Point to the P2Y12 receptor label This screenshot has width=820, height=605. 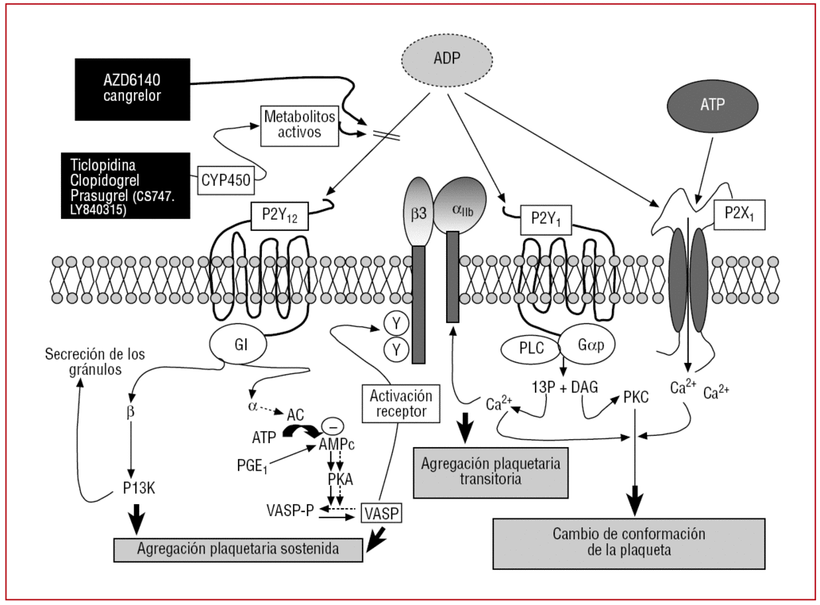pos(275,216)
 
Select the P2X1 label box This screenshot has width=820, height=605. pos(738,214)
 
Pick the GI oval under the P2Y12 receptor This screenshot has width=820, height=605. pos(240,344)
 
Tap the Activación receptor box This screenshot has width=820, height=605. pos(401,404)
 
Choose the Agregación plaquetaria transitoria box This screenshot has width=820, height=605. pos(491,472)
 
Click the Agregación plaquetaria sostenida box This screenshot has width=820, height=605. pos(239,549)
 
